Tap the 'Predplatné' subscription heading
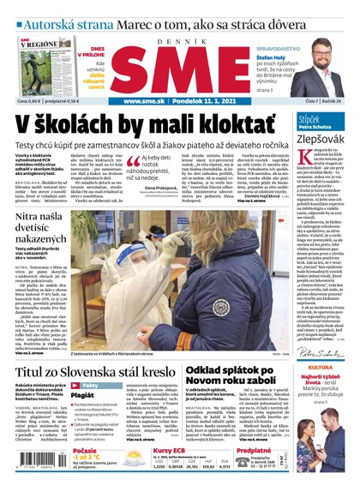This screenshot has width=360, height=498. click(x=254, y=450)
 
